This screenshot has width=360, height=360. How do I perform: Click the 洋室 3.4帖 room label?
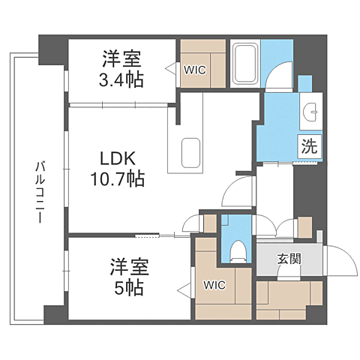(x=121, y=69)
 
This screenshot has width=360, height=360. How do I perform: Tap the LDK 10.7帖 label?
(x=118, y=169)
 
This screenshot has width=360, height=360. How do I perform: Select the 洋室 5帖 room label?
(x=129, y=277)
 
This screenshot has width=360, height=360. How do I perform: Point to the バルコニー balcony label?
(x=40, y=192)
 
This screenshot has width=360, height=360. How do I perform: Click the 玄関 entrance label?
(x=289, y=259)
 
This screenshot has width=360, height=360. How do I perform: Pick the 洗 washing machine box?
(x=310, y=146)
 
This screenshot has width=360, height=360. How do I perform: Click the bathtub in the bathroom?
(x=245, y=63)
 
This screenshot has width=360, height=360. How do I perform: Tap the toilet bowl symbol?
(x=238, y=252)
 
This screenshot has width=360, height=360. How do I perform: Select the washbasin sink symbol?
(x=310, y=112)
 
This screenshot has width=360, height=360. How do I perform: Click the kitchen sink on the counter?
(x=190, y=153)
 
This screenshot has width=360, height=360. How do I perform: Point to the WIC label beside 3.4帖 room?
(x=195, y=70)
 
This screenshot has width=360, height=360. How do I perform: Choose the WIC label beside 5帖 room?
(x=214, y=285)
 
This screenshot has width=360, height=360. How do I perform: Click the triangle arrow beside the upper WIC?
(x=171, y=67)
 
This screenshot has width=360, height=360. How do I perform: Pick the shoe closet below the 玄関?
(x=289, y=300)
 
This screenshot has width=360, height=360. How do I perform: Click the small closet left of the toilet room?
(x=210, y=223)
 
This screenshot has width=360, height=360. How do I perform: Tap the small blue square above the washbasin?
(x=305, y=84)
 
